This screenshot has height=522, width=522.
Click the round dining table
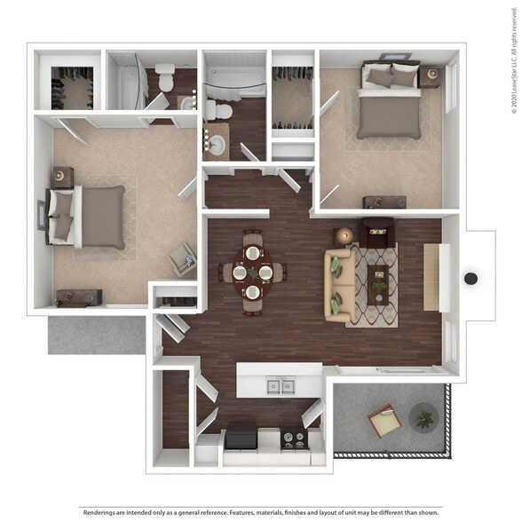253,272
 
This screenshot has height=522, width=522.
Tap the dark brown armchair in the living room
377,233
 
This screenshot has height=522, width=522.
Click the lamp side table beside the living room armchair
344,236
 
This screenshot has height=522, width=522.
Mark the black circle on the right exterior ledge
471,279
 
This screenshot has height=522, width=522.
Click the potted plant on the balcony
423,416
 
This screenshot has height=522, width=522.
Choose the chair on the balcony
385,420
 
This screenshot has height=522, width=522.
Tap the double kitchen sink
280,385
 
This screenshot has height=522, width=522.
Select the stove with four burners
295,438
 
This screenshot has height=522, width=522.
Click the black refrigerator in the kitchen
241,437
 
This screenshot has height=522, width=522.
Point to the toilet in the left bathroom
166,76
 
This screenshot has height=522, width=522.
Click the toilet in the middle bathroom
219,111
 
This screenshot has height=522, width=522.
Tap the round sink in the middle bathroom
215,140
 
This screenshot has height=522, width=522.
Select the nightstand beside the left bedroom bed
63,177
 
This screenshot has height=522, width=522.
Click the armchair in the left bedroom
184,259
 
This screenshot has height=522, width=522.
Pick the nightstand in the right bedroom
431,77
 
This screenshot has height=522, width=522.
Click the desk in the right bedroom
384,202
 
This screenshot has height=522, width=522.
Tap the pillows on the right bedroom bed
392,77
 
